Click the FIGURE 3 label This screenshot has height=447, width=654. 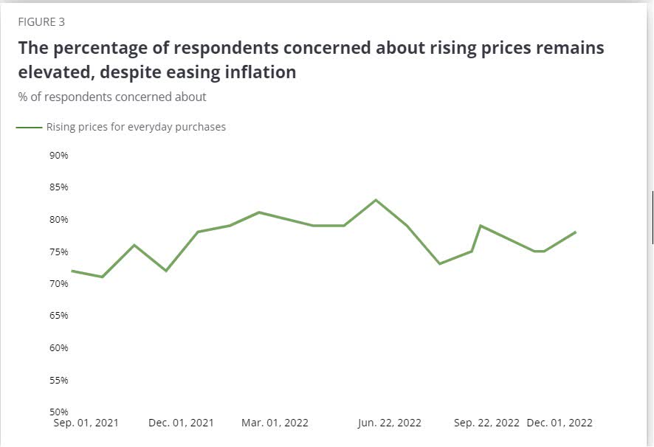point(41,22)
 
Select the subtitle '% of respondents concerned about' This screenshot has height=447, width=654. point(112,97)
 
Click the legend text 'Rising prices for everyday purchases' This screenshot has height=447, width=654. point(136,127)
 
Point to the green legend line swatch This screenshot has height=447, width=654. point(30,127)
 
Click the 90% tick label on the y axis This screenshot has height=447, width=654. point(59,156)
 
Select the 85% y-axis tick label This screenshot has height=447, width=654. point(59,187)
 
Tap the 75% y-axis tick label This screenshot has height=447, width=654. point(59,252)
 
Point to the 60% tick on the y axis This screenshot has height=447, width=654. point(59,347)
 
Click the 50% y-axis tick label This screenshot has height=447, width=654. point(59,412)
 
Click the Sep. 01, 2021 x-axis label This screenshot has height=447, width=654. point(86,423)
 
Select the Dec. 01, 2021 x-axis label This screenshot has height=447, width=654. point(181,423)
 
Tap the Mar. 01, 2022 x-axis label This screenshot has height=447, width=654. point(275,423)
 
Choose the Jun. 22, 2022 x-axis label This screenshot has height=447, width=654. point(390,423)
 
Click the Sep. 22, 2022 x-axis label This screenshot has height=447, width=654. point(486,423)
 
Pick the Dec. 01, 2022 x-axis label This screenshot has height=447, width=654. point(560,423)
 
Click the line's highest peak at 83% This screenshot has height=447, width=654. point(376,200)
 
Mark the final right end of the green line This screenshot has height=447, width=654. point(576,232)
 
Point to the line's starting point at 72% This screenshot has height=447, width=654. point(72,271)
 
